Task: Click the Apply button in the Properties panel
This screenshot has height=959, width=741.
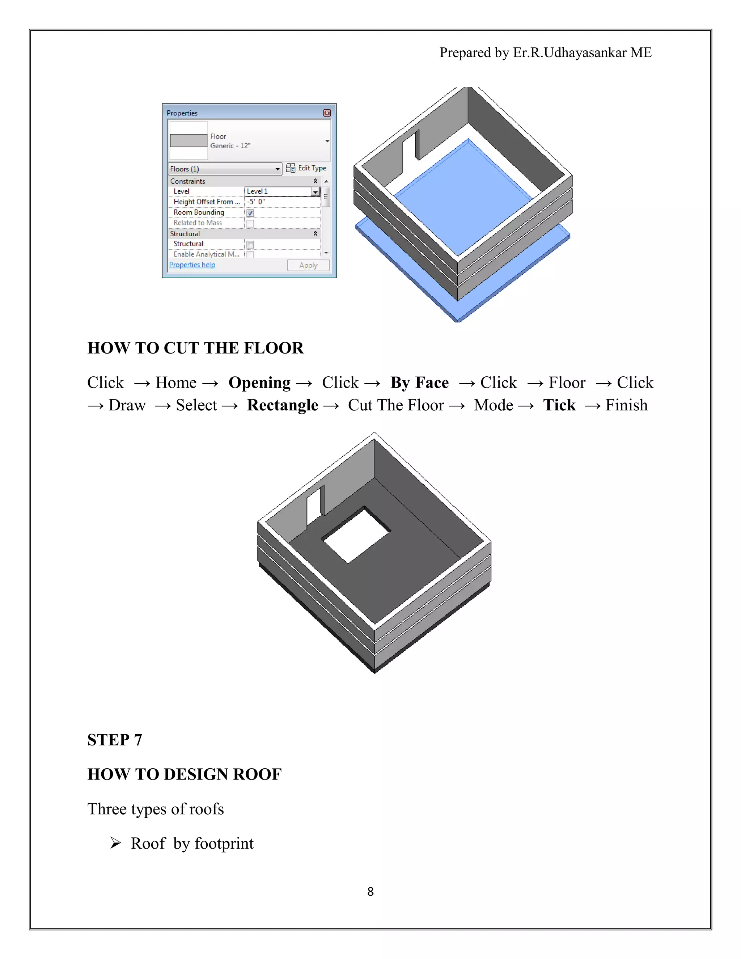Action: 308,265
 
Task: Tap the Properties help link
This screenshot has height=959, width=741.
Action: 192,265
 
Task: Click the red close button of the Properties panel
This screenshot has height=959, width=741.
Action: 327,113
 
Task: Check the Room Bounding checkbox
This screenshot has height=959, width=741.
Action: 250,213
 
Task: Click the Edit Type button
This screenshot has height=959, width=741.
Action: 306,168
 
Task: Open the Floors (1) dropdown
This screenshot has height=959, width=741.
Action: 225,169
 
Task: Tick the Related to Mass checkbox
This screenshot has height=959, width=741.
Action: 250,224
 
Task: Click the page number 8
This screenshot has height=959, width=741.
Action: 370,891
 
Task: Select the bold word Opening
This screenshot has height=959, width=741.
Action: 259,383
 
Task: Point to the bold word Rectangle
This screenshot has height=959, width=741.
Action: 282,405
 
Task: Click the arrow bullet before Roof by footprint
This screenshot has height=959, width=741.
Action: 115,843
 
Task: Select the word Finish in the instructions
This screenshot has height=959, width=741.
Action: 626,405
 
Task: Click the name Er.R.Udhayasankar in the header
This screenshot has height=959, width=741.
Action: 569,53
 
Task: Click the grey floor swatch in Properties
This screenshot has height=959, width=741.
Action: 188,140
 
